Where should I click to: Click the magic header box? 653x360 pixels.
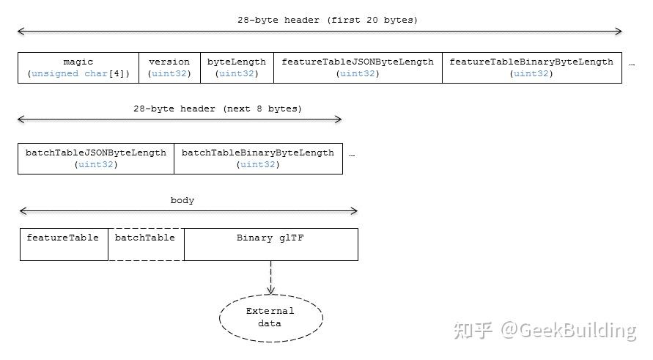[x=78, y=67]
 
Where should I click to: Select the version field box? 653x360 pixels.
[x=169, y=67]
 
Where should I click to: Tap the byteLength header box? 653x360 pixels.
[x=237, y=67]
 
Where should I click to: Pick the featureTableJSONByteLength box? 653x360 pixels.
[x=358, y=67]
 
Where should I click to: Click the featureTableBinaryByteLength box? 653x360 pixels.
[x=531, y=67]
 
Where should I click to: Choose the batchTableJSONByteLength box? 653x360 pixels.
[x=96, y=158]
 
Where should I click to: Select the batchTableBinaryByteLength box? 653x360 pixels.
[x=258, y=158]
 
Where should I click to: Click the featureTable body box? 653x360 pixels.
[x=64, y=244]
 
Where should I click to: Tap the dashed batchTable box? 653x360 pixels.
[x=146, y=244]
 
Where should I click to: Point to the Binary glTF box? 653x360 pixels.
[x=270, y=244]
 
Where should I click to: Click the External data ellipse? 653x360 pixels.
[x=270, y=317]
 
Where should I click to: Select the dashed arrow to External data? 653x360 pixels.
[x=270, y=277]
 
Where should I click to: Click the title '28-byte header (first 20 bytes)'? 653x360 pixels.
[x=327, y=21]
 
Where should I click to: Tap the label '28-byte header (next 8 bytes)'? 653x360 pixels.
[x=218, y=109]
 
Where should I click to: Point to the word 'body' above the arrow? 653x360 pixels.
[x=182, y=200]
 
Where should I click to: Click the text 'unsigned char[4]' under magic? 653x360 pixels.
[x=78, y=74]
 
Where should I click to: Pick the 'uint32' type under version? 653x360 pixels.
[x=169, y=74]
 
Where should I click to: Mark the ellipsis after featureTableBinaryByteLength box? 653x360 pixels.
[x=632, y=64]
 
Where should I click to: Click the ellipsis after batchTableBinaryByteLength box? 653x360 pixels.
[x=353, y=155]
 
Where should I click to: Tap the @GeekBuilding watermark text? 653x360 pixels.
[x=569, y=331]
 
